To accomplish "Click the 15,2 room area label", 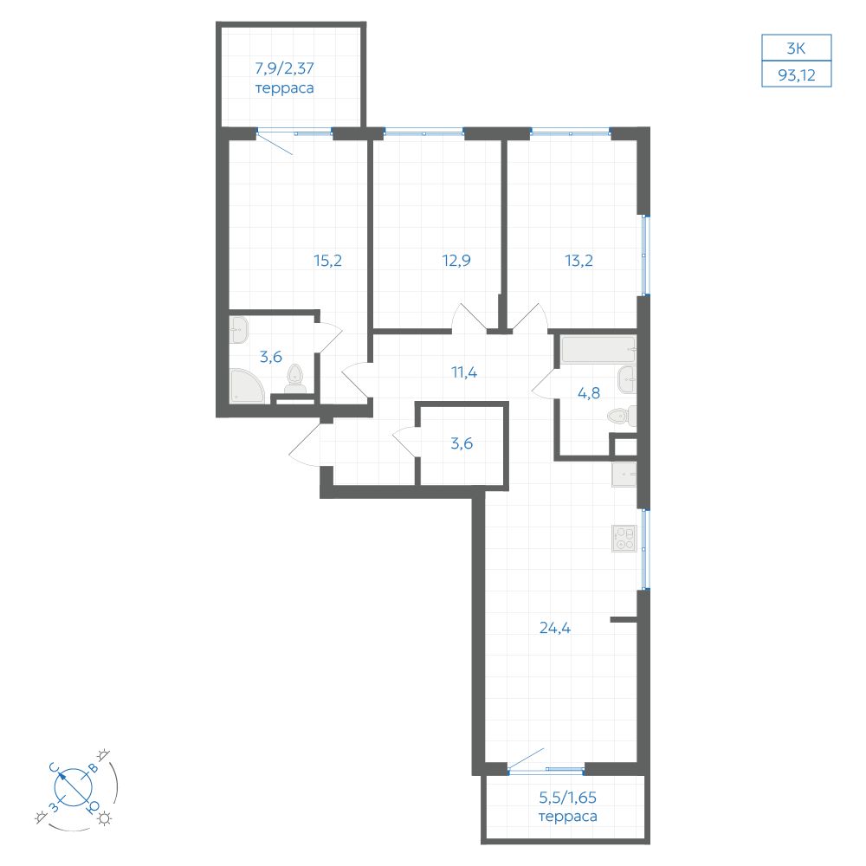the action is click(x=327, y=260).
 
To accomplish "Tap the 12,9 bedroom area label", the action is click(x=456, y=260).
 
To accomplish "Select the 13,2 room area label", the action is click(x=578, y=260).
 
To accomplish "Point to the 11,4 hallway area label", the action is click(x=464, y=372).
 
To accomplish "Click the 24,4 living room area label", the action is click(x=555, y=628).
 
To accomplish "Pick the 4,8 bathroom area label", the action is click(x=589, y=393).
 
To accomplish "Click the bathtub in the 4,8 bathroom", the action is click(x=598, y=350).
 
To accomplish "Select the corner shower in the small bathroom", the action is click(x=246, y=386).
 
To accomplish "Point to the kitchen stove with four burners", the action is click(x=624, y=539).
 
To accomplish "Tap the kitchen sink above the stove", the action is click(x=624, y=475).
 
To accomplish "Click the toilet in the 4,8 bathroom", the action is click(x=621, y=416).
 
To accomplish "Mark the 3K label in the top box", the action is click(x=796, y=48).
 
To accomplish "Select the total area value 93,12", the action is click(x=797, y=74).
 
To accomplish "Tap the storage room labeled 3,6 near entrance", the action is click(x=462, y=443).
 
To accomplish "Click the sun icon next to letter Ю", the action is click(x=104, y=818).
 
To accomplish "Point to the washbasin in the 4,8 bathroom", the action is click(x=627, y=379).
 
